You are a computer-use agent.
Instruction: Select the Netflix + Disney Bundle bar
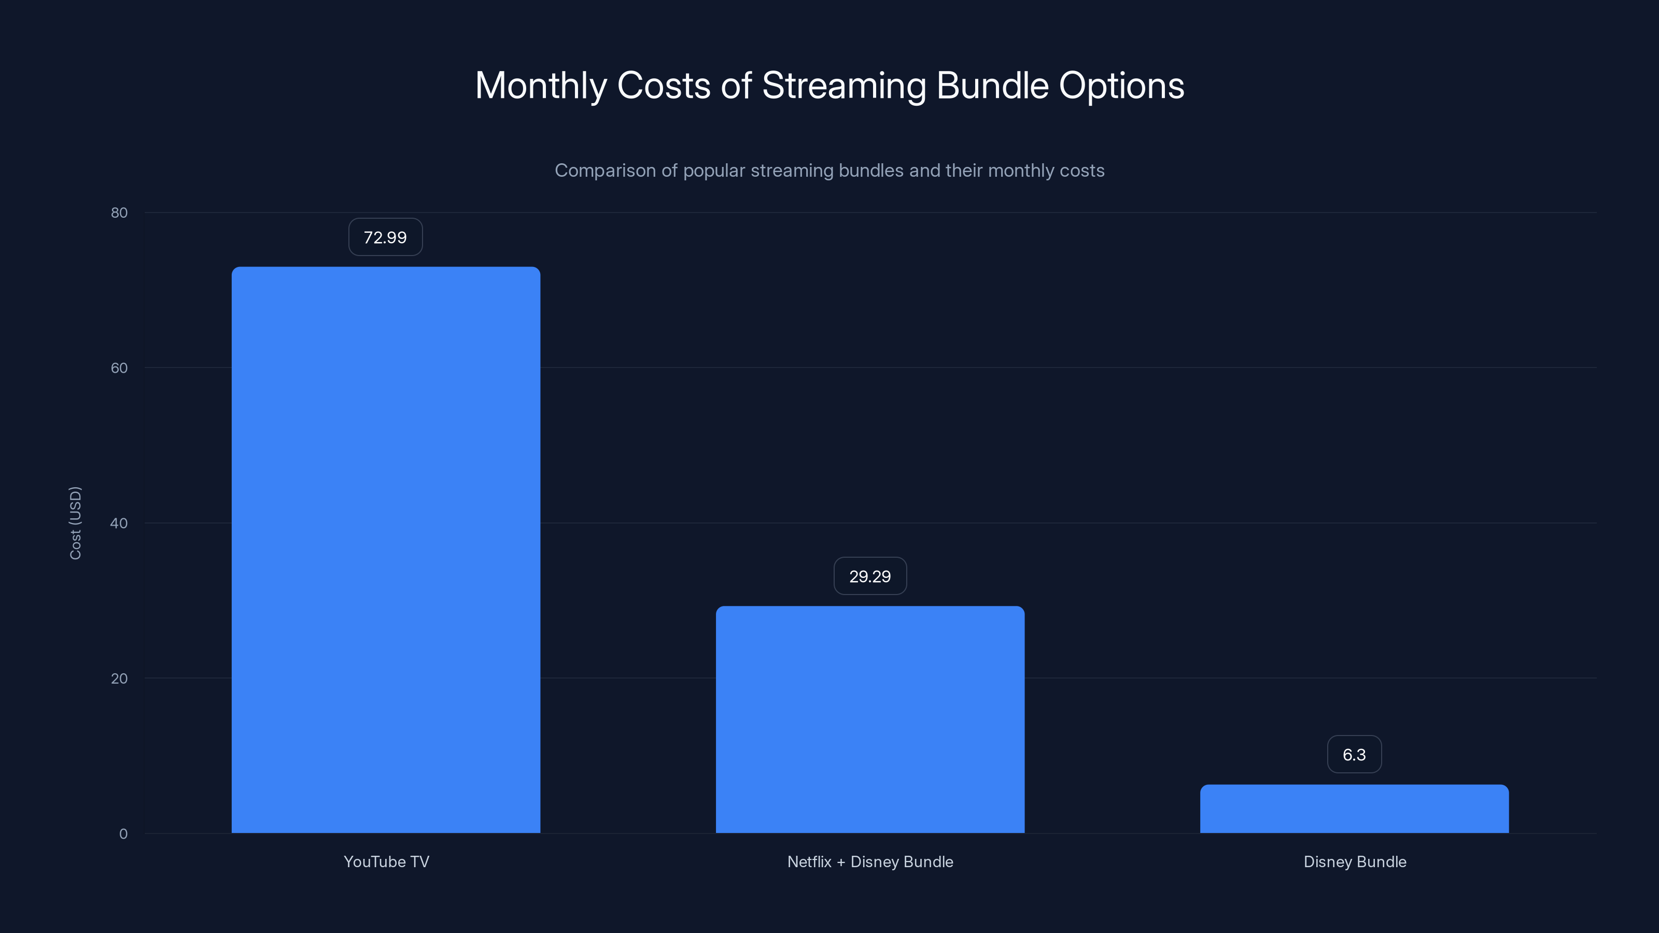(870, 719)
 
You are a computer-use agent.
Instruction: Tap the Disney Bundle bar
(1354, 809)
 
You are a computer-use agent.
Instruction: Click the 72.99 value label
(385, 237)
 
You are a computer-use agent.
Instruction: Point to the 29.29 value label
(870, 576)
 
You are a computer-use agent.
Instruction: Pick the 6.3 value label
(1354, 755)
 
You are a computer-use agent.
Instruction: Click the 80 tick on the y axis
(119, 213)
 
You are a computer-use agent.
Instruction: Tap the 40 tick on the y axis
(119, 523)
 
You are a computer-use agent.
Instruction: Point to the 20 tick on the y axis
(119, 678)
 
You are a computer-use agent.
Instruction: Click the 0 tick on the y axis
(123, 834)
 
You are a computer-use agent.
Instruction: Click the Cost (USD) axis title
(75, 523)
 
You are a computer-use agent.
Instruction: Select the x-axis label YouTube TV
(386, 861)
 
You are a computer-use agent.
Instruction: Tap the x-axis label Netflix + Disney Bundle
(870, 861)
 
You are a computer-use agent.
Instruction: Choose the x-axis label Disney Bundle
(1354, 861)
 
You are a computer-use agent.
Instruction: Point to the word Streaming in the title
(843, 86)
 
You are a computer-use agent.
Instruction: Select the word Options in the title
(1121, 86)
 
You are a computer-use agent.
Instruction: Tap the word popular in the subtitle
(713, 171)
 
